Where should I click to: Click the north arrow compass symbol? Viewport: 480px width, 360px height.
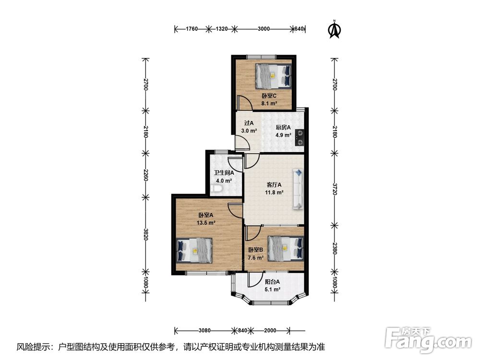point(335,29)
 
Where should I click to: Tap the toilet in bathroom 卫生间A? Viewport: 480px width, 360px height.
point(217,190)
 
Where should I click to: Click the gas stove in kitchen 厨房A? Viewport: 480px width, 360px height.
point(300,137)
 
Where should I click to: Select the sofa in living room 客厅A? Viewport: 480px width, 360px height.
point(298,189)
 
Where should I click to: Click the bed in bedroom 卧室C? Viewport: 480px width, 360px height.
point(273,76)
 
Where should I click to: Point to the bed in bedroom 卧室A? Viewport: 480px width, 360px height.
point(195,250)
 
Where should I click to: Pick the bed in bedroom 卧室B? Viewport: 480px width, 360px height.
point(286,248)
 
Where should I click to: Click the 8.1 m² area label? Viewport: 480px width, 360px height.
point(269,104)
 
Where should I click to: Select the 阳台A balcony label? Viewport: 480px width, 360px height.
point(272,282)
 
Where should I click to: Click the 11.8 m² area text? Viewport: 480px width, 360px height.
point(274,192)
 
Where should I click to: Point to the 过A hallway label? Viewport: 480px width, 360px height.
point(249,123)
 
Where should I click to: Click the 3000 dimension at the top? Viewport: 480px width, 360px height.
point(264,29)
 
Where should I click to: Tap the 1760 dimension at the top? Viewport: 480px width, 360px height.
point(192,29)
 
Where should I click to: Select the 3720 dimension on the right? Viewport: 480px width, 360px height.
point(335,190)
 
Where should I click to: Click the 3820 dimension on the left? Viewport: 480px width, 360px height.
point(145,234)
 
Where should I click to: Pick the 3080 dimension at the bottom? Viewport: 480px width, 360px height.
point(204,330)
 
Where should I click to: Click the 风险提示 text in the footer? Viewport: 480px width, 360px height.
point(34,347)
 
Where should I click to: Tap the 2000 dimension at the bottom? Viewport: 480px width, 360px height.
point(270,330)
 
